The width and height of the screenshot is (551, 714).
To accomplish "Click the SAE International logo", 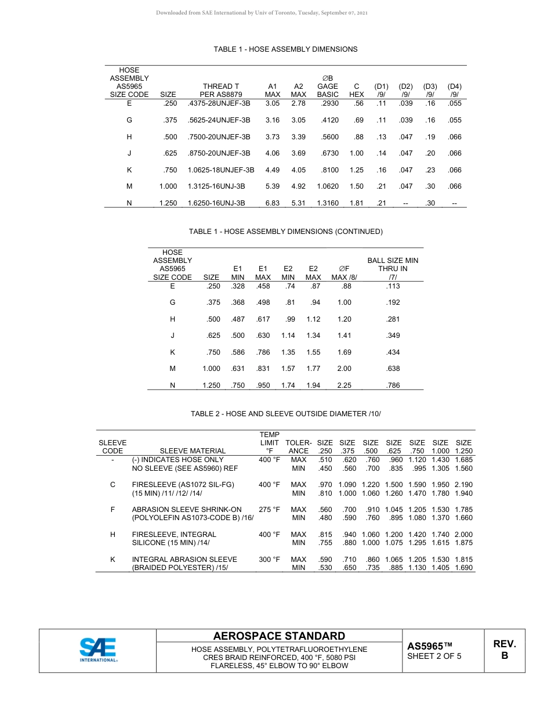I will [99, 650].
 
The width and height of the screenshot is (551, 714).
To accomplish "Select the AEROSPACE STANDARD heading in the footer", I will [279, 636].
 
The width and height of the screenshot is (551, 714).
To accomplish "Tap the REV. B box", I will [504, 650].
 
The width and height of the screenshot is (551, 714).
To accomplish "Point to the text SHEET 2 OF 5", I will [434, 657].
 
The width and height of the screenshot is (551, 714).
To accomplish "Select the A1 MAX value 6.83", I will [273, 203].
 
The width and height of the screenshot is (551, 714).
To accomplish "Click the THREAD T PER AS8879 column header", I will [217, 90].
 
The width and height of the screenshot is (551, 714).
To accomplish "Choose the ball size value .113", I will [393, 286].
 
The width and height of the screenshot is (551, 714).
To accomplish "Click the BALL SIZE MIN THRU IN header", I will [393, 269].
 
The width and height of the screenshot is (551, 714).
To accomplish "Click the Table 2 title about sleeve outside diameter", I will [286, 413].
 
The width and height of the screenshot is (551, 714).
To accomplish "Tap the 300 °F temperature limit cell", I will [269, 560].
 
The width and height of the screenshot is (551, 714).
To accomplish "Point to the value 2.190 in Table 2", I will [463, 484].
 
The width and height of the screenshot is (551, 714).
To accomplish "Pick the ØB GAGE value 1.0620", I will [328, 186].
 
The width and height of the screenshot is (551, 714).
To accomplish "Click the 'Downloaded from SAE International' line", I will [262, 13].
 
